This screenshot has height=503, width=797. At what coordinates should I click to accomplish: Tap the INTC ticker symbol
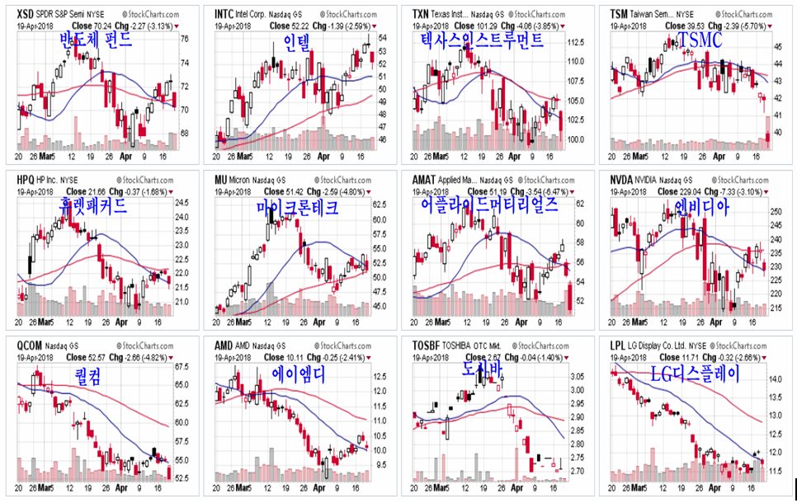(224, 15)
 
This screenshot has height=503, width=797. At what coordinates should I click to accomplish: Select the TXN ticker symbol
(422, 15)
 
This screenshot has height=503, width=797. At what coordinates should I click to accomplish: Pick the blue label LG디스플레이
(696, 374)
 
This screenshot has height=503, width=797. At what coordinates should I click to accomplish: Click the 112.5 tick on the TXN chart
(576, 42)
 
